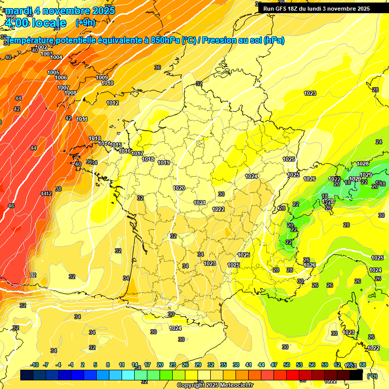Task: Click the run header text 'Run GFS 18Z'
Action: [x=284, y=9]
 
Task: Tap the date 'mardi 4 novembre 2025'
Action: [x=60, y=11]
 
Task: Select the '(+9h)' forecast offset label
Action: [x=85, y=23]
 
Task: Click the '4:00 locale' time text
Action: [x=35, y=23]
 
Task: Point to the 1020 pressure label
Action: [x=179, y=188]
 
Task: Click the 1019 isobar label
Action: [x=164, y=163]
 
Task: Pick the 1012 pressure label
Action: [x=112, y=103]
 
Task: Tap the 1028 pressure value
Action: [x=363, y=164]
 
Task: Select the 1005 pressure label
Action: [x=53, y=73]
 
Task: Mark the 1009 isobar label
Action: [x=102, y=77]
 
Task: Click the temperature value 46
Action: [x=11, y=206]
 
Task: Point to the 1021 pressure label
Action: [x=200, y=203]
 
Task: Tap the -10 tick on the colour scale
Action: [x=35, y=365]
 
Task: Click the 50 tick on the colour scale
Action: [x=287, y=365]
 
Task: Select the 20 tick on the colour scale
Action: [x=160, y=365]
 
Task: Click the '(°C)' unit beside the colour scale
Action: [x=372, y=375]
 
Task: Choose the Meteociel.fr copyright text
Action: [x=215, y=385]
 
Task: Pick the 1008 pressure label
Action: [x=70, y=93]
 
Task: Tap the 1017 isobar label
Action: [x=137, y=154]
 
